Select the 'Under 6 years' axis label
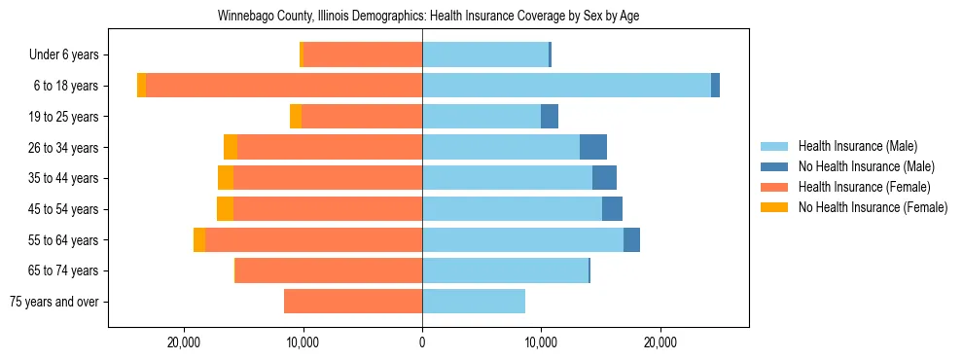(x=64, y=55)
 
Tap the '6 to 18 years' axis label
(x=64, y=86)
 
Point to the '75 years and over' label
(x=55, y=302)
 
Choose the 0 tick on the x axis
(x=422, y=342)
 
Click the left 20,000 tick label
(x=184, y=342)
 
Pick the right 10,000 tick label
(x=541, y=342)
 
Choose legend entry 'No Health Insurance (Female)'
(x=872, y=207)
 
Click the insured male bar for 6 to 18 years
(x=566, y=86)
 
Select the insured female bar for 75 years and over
(x=353, y=302)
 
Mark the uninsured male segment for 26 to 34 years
(x=593, y=147)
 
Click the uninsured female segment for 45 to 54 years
(x=225, y=209)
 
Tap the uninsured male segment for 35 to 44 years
(x=604, y=178)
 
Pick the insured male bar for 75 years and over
(x=474, y=302)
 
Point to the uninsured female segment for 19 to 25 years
(x=296, y=117)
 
